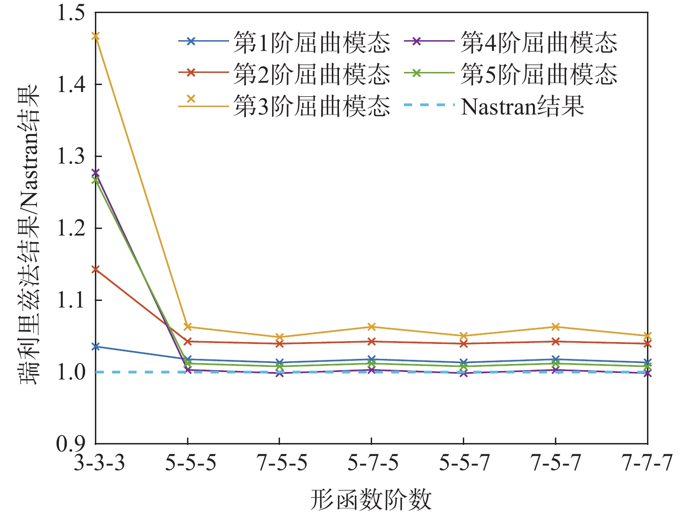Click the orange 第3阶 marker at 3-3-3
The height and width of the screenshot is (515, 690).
coord(95,36)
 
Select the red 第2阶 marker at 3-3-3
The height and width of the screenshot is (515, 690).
coord(95,269)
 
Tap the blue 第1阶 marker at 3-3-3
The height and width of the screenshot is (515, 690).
coord(95,346)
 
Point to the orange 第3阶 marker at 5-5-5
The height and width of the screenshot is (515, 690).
coord(187,327)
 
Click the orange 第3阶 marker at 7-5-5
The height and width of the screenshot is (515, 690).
coord(280,337)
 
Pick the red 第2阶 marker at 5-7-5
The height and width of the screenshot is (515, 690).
coord(371,342)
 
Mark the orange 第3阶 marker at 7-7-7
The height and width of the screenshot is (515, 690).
coord(647,336)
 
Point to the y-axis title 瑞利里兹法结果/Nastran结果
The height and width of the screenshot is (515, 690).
coord(29,234)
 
